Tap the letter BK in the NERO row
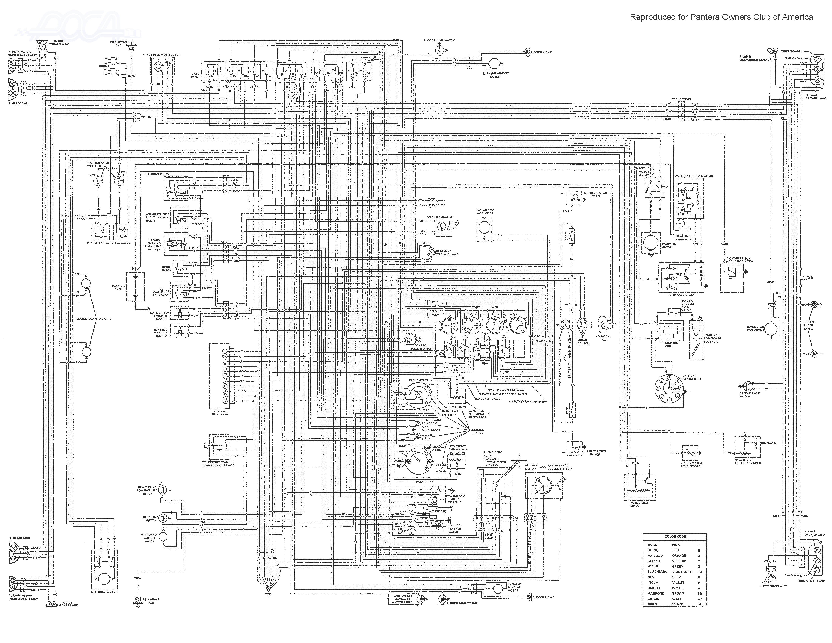pyautogui.click(x=699, y=604)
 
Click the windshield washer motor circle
pyautogui.click(x=163, y=536)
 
